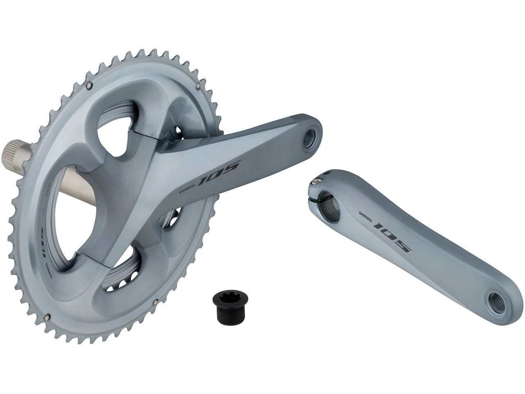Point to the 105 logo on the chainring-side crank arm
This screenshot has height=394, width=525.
click(220, 173)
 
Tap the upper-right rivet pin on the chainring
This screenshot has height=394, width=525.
click(198, 86)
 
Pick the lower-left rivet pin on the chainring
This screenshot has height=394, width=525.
click(48, 316)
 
